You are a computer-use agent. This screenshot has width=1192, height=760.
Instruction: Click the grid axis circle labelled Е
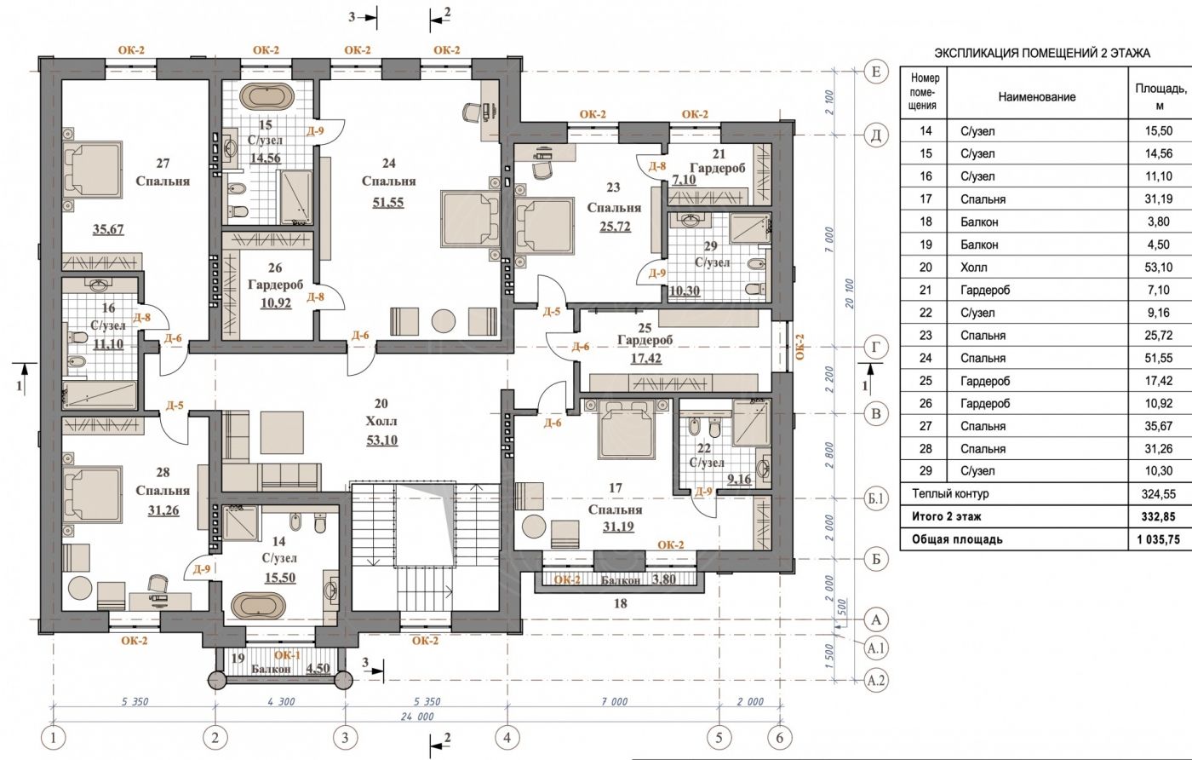point(876,72)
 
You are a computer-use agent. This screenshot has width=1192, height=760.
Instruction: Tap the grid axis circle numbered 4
point(507,738)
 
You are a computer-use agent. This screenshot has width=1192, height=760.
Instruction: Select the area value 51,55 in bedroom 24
point(388,203)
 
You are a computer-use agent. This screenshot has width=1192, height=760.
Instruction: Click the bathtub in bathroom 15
point(266,97)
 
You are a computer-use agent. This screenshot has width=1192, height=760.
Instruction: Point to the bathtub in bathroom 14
point(258,607)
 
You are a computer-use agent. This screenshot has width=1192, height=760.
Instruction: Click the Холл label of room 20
point(381,421)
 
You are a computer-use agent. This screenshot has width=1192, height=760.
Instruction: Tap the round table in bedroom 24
point(444,321)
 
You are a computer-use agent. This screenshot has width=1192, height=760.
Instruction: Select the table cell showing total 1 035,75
point(1158,539)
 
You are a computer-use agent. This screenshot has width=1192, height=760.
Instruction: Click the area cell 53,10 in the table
point(1159,268)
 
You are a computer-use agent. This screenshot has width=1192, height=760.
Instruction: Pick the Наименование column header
point(1037,97)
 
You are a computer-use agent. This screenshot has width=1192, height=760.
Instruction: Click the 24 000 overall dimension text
point(417,717)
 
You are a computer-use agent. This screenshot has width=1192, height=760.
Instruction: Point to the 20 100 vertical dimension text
point(850,293)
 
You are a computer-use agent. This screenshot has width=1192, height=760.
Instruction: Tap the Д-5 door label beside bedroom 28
point(175,406)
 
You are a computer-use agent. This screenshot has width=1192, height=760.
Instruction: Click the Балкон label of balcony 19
point(271,669)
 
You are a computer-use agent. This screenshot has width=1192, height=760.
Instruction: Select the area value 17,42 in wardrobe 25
point(646,358)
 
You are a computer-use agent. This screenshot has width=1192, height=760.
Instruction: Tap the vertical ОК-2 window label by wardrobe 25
point(799,347)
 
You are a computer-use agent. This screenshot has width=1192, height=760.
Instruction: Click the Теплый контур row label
point(950,493)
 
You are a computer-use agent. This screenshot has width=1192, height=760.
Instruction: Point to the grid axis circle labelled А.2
point(876,680)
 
